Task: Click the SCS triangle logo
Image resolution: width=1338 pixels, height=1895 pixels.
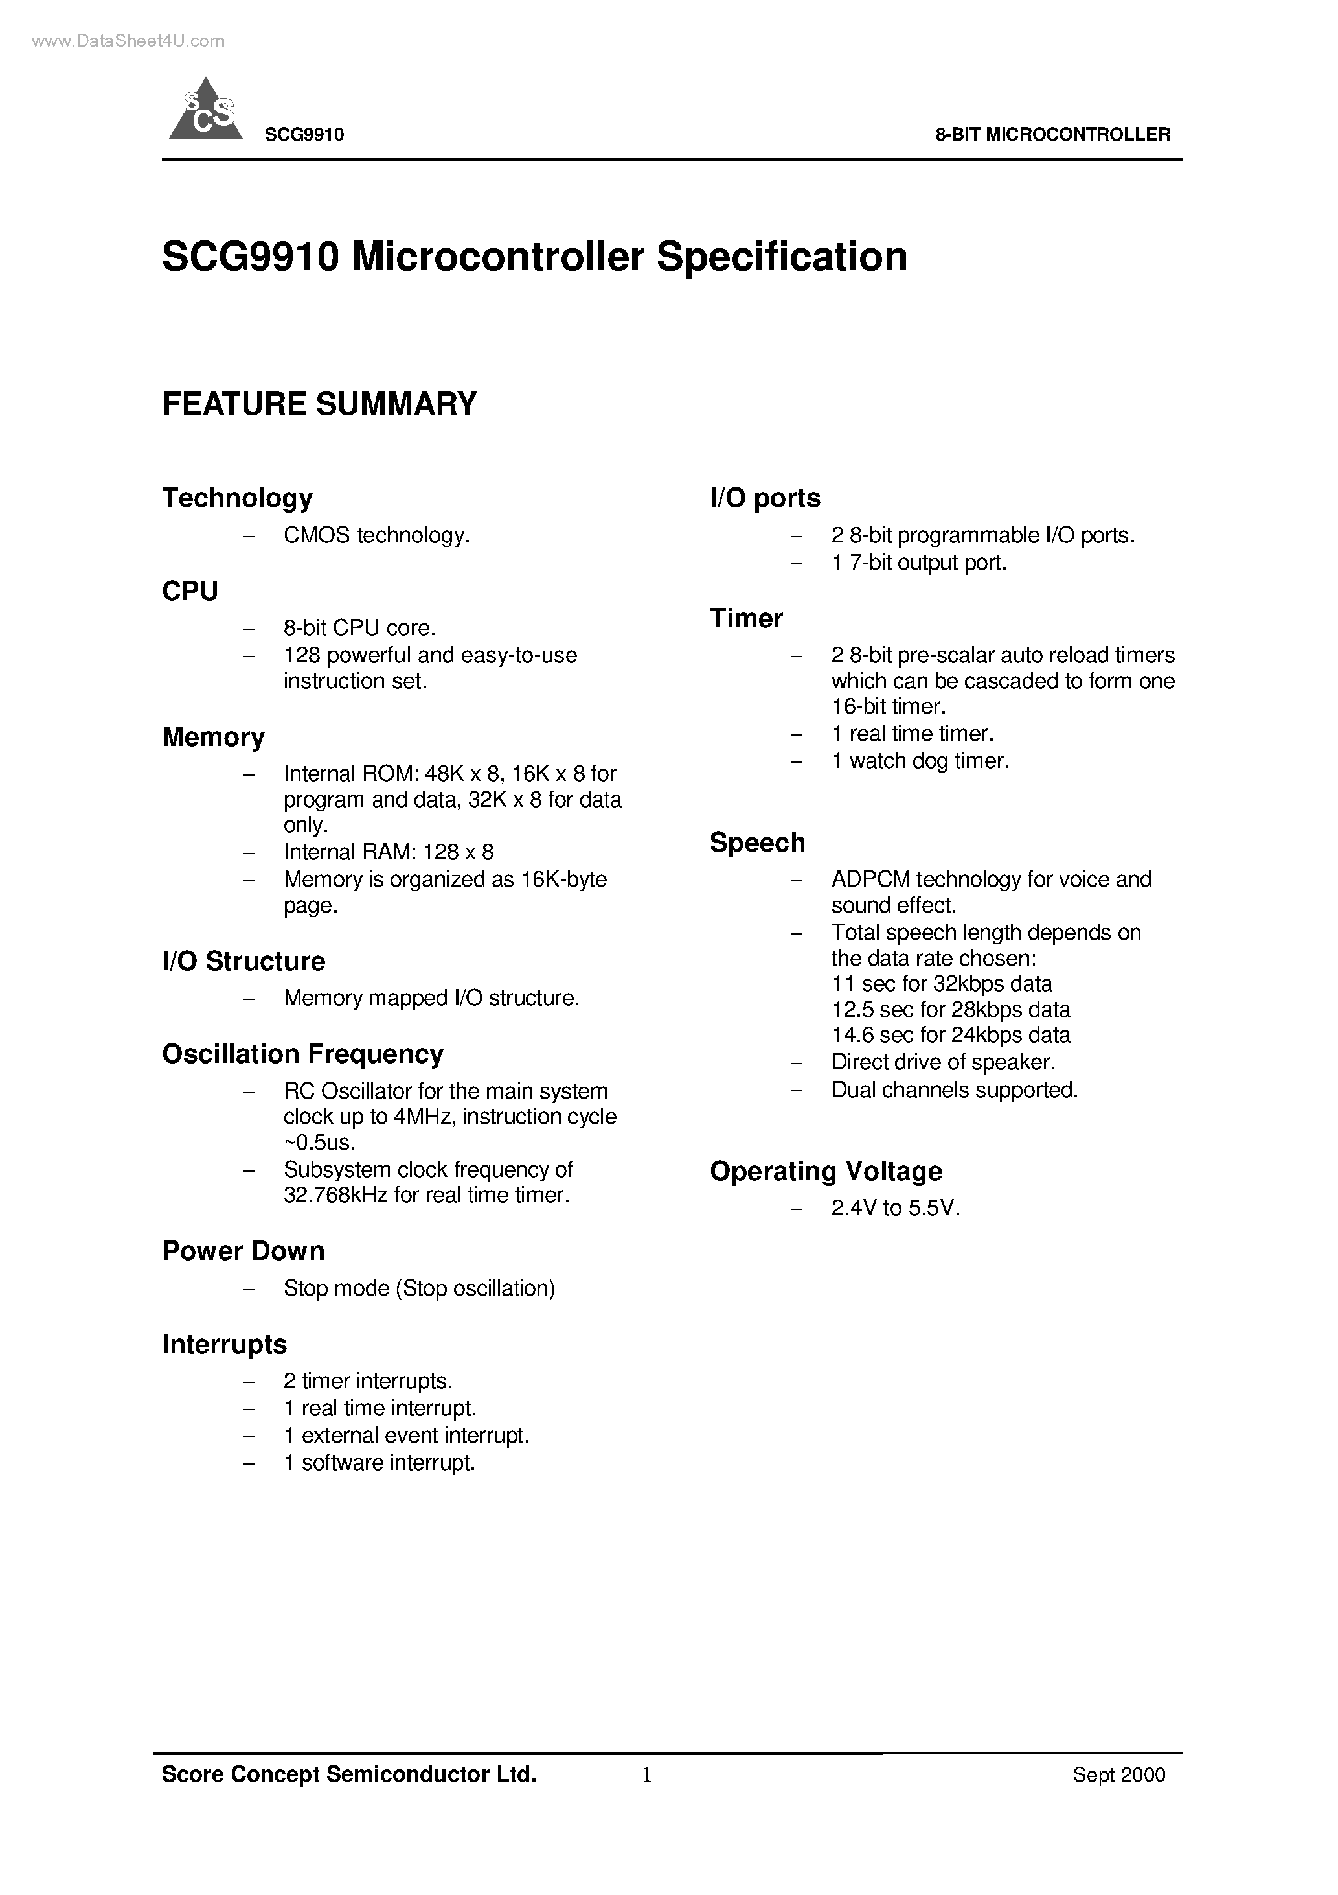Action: click(x=205, y=112)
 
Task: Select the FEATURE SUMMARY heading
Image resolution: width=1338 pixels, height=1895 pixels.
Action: click(x=319, y=404)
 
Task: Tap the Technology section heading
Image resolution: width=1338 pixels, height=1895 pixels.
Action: click(x=238, y=498)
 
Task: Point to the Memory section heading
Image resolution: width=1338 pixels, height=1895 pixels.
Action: click(x=213, y=736)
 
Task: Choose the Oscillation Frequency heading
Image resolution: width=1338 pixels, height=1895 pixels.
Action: click(x=302, y=1054)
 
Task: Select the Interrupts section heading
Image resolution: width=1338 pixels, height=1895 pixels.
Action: click(x=224, y=1343)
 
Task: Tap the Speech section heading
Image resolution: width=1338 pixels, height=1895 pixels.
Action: click(x=757, y=842)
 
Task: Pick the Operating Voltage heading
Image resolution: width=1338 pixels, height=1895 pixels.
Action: click(x=826, y=1170)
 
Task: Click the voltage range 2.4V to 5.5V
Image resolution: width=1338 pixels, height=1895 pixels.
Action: click(x=896, y=1208)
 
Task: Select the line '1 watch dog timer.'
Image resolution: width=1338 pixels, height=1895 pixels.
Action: click(x=920, y=760)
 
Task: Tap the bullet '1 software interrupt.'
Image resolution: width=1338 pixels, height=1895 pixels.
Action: click(x=380, y=1463)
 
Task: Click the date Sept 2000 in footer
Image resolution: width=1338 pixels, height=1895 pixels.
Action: click(x=1118, y=1774)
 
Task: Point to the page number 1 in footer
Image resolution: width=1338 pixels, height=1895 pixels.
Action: click(x=647, y=1774)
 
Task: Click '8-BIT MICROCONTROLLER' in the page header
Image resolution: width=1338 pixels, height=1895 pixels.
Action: click(x=1052, y=135)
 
